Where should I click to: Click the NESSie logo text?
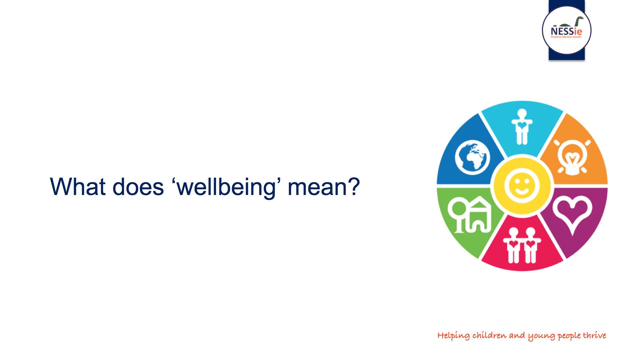[567, 32]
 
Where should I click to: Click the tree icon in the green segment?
[457, 217]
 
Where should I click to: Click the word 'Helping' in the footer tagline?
[453, 336]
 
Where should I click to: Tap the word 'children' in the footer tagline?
[489, 335]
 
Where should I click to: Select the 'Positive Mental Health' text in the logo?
[567, 37]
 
